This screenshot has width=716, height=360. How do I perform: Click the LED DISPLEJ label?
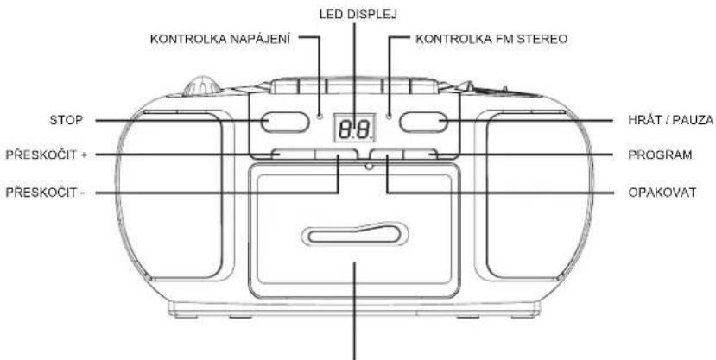(358, 15)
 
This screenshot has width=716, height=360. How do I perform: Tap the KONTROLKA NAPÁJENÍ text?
(220, 39)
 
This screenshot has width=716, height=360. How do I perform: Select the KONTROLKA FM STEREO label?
(491, 39)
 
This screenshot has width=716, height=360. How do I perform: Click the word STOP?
(67, 121)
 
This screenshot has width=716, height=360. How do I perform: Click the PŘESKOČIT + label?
(46, 155)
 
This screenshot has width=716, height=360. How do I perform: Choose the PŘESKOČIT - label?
(45, 193)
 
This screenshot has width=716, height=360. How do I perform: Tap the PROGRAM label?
(660, 155)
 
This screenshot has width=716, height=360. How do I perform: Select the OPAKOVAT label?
(662, 193)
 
